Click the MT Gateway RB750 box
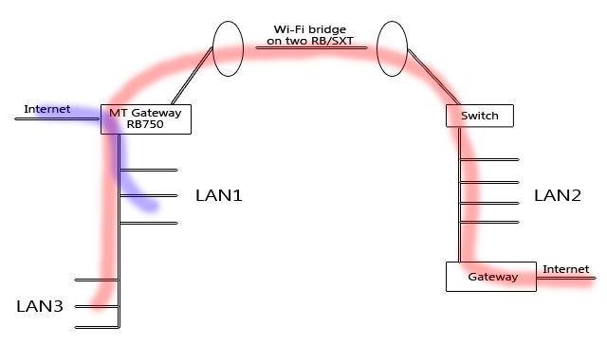tap(146, 118)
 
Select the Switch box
tap(478, 116)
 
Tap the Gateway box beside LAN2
tap(492, 277)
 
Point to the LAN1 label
tap(219, 196)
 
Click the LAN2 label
tap(557, 196)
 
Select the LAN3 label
tap(41, 306)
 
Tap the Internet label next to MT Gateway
tap(46, 110)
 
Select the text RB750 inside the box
tap(146, 125)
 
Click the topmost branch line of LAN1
tap(149, 171)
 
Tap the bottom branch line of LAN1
tap(149, 223)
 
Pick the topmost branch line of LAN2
tap(490, 159)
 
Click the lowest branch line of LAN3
tap(95, 327)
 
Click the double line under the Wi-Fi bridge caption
tap(308, 47)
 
